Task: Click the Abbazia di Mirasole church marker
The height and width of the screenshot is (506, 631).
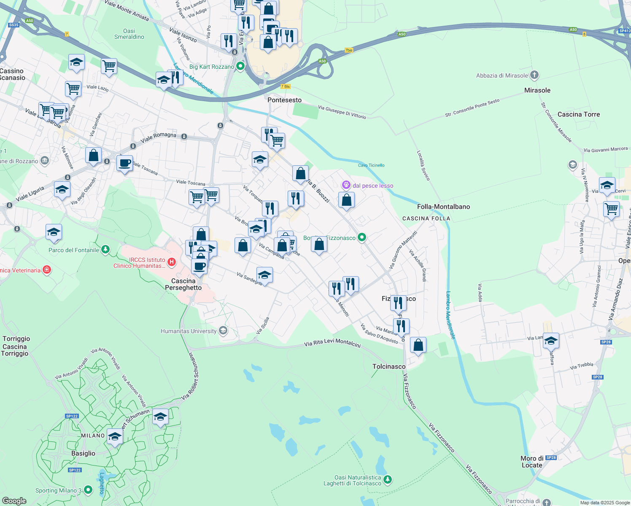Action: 534,75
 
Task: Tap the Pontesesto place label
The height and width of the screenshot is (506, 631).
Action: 285,100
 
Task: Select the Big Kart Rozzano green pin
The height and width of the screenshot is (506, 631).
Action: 240,66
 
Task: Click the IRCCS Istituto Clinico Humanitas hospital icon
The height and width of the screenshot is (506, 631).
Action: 172,262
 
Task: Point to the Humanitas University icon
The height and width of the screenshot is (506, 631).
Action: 223,331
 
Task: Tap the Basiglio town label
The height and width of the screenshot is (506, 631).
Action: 83,453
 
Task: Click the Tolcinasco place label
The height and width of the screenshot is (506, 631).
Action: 389,366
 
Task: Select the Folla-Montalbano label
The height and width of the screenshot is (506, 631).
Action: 443,207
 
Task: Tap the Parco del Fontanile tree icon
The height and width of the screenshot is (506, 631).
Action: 105,250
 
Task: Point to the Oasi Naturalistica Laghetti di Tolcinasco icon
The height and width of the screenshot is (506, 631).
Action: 388,479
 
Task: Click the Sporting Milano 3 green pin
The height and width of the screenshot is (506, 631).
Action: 88,490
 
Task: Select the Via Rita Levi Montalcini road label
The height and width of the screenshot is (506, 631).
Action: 332,343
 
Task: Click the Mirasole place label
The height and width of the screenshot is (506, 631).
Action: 537,90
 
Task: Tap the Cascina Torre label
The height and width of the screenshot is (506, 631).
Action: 578,114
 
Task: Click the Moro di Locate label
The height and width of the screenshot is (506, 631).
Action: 532,462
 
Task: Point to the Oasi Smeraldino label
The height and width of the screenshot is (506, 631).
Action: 129,34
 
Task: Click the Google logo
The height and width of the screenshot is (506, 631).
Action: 14,501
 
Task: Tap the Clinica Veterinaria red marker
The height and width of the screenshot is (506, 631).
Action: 47,270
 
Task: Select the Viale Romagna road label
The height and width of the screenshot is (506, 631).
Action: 159,137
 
